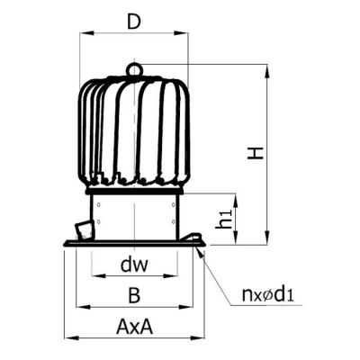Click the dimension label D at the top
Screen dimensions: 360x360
[134, 22]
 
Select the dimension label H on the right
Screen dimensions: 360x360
[256, 153]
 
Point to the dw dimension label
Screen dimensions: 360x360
[134, 265]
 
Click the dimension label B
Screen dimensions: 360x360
[134, 295]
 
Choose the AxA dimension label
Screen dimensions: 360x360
[134, 327]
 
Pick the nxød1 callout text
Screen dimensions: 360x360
[267, 294]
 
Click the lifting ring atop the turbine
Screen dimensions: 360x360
[134, 69]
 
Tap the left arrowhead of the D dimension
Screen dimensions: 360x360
[86, 32]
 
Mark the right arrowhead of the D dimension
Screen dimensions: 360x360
[181, 32]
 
